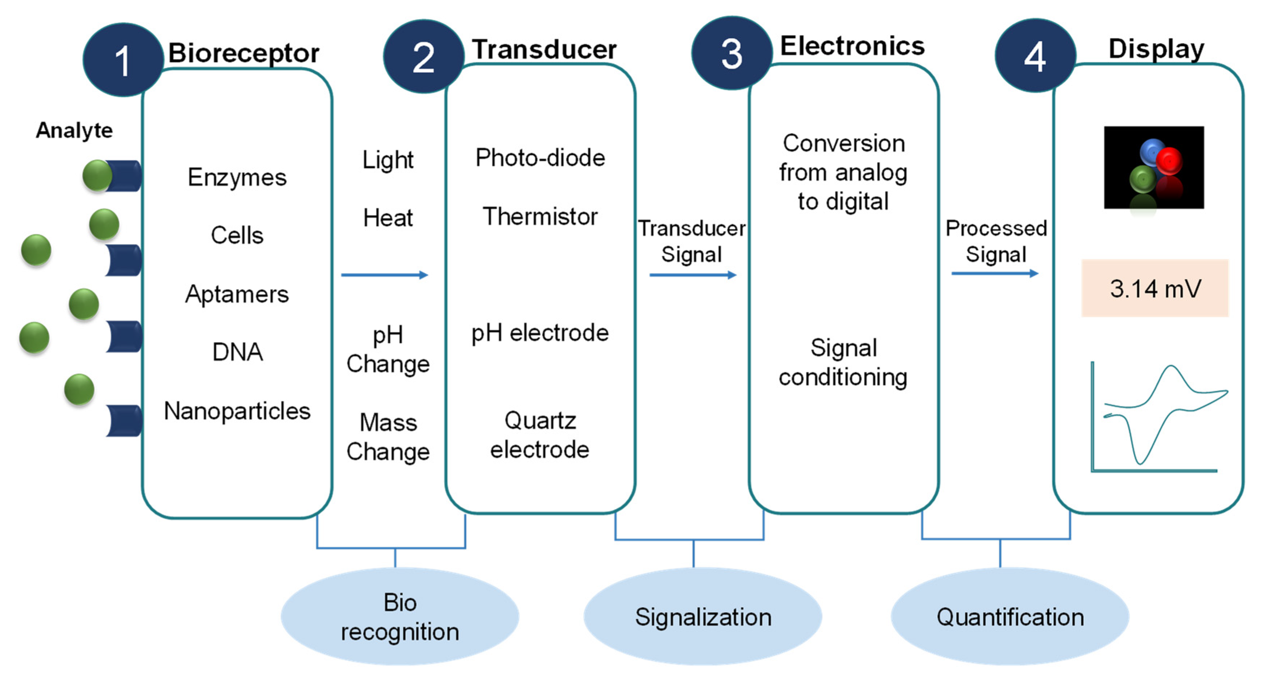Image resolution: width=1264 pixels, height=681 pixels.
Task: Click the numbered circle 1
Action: click(x=123, y=60)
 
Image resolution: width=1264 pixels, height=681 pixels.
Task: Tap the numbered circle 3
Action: click(x=731, y=53)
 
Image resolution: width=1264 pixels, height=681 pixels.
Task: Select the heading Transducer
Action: click(x=544, y=50)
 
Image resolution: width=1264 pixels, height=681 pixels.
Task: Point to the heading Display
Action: click(x=1156, y=49)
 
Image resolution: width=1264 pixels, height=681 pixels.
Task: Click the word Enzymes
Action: click(x=237, y=177)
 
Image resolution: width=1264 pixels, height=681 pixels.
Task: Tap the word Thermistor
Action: click(x=540, y=217)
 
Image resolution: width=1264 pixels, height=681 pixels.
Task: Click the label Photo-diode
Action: click(x=540, y=157)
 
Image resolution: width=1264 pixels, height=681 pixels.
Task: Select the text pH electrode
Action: click(x=540, y=333)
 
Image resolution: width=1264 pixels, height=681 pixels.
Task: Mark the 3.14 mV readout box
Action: click(x=1155, y=288)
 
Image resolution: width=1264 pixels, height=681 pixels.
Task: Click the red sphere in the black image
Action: click(x=1169, y=161)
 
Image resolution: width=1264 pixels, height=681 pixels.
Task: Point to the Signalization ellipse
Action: click(x=703, y=617)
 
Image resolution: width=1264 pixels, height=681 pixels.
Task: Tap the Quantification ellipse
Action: click(x=1010, y=617)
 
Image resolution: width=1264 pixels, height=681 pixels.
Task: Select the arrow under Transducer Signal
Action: click(x=692, y=275)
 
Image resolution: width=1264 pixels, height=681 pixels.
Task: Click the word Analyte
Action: click(x=74, y=131)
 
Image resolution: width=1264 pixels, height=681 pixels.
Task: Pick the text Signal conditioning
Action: click(x=843, y=362)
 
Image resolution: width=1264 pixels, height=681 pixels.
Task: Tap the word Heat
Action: click(x=388, y=218)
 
